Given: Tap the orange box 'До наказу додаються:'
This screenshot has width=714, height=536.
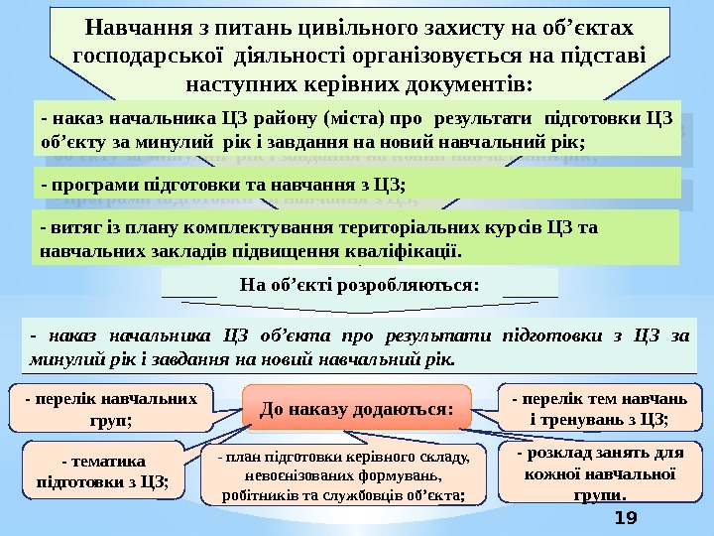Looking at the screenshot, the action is [x=356, y=408].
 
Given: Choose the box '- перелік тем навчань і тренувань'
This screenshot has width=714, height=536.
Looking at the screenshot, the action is [x=598, y=408].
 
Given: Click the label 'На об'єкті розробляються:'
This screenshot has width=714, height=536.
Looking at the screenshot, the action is [x=360, y=285].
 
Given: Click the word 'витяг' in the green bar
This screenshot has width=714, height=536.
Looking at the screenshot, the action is [x=70, y=227].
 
